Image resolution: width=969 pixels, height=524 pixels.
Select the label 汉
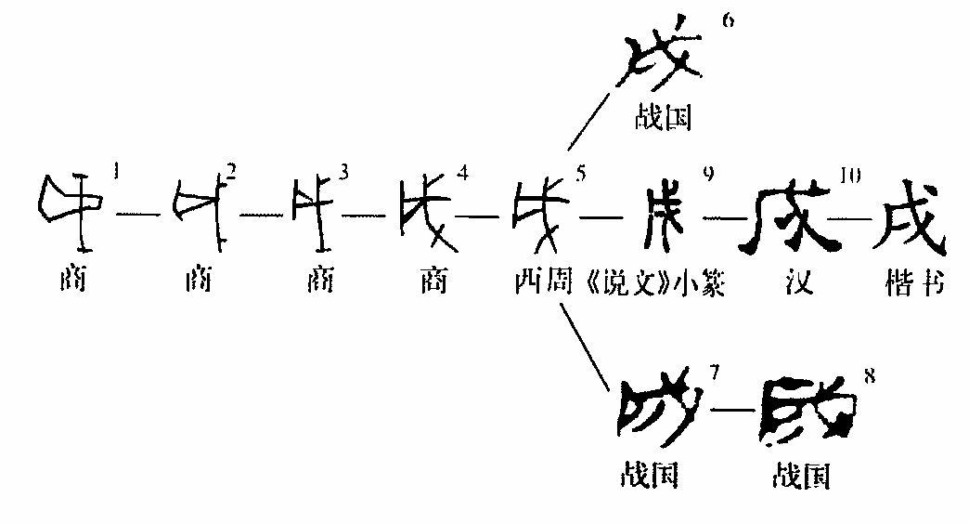tap(797, 282)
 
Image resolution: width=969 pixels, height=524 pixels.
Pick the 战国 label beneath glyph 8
tap(801, 476)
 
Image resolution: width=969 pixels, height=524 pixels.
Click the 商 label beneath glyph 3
tap(317, 282)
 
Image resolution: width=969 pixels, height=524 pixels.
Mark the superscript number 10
tap(848, 174)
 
